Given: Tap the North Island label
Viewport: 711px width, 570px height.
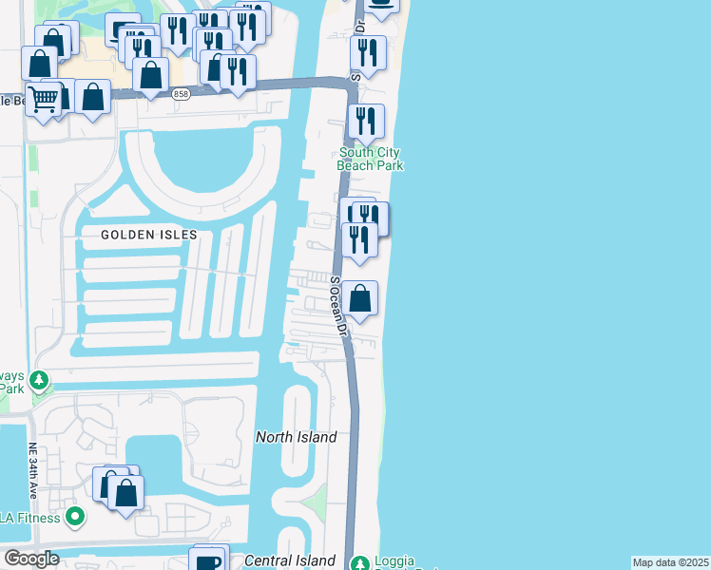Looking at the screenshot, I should (x=297, y=437).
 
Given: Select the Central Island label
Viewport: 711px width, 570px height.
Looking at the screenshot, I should (x=290, y=560).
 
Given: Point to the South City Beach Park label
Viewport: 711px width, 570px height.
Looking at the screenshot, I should (x=372, y=159).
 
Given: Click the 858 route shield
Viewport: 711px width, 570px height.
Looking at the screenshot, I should (x=181, y=93).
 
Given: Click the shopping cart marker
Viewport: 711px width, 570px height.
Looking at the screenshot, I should (x=44, y=99).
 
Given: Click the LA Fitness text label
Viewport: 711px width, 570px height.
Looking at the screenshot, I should (x=29, y=518).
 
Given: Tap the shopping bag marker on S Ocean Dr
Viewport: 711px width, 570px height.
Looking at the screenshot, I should (x=360, y=300).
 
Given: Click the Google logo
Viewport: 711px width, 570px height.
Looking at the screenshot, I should (x=31, y=559).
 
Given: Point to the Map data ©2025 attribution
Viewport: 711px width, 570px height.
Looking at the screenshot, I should (x=671, y=562).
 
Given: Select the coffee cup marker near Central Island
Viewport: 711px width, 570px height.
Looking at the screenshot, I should (x=206, y=560).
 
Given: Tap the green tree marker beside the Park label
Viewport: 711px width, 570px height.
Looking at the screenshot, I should (x=39, y=381).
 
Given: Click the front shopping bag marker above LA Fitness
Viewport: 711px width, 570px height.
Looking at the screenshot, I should (x=125, y=493).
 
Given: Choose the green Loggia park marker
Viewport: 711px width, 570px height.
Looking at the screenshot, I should (x=359, y=563).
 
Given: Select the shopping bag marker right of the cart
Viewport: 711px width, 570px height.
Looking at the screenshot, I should (x=92, y=97).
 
